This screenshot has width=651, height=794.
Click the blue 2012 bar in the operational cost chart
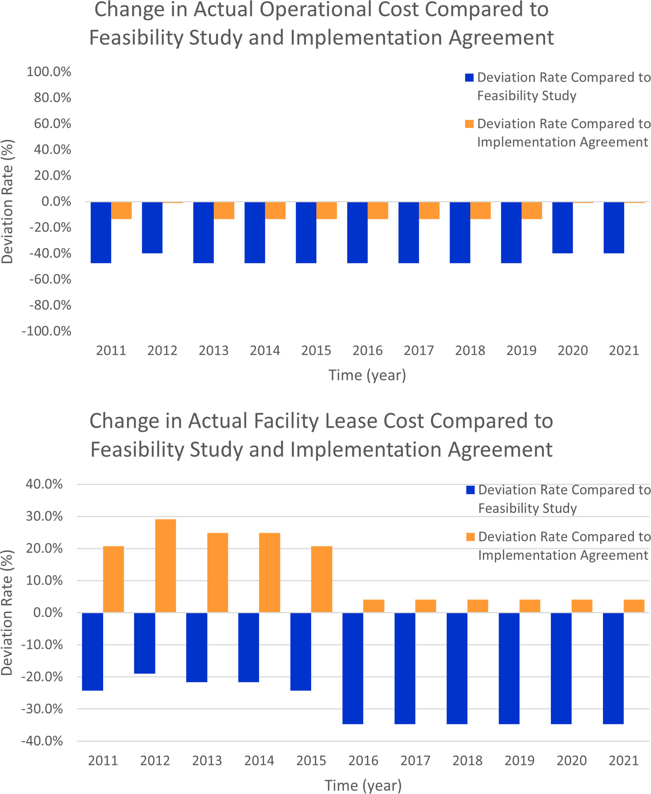[x=152, y=228]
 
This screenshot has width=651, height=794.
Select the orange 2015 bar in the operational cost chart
[x=326, y=210]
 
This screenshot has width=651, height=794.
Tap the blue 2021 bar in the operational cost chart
[x=613, y=228]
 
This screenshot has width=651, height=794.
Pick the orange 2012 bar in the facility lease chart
[x=165, y=565]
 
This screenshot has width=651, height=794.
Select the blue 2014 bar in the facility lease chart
[x=248, y=647]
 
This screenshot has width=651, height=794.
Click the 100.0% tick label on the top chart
[x=49, y=72]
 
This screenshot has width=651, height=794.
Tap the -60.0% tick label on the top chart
[x=50, y=279]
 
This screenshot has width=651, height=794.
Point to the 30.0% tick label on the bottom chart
[x=44, y=516]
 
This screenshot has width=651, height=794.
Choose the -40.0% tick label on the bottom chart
[x=42, y=741]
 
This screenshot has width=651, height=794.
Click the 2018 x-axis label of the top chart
[x=470, y=350]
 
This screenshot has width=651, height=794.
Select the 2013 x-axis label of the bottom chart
[x=207, y=761]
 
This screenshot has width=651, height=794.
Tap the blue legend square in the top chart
[x=469, y=78]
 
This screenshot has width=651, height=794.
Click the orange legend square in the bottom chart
[x=470, y=537]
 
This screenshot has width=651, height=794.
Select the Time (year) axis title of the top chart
[x=367, y=375]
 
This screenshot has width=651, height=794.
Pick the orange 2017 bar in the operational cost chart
[x=429, y=210]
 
